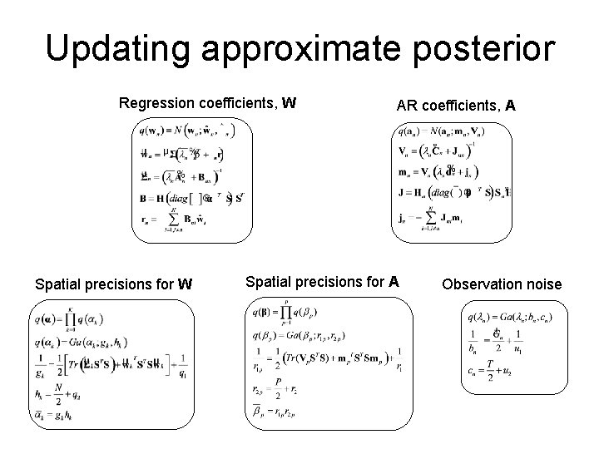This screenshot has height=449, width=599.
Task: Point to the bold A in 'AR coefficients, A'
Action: click(509, 106)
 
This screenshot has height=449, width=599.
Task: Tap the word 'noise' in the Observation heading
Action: click(543, 284)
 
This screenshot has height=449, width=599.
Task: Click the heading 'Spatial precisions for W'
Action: click(114, 284)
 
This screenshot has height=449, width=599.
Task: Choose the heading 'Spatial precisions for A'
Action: click(323, 282)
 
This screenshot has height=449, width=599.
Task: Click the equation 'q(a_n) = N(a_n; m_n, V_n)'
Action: click(438, 132)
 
